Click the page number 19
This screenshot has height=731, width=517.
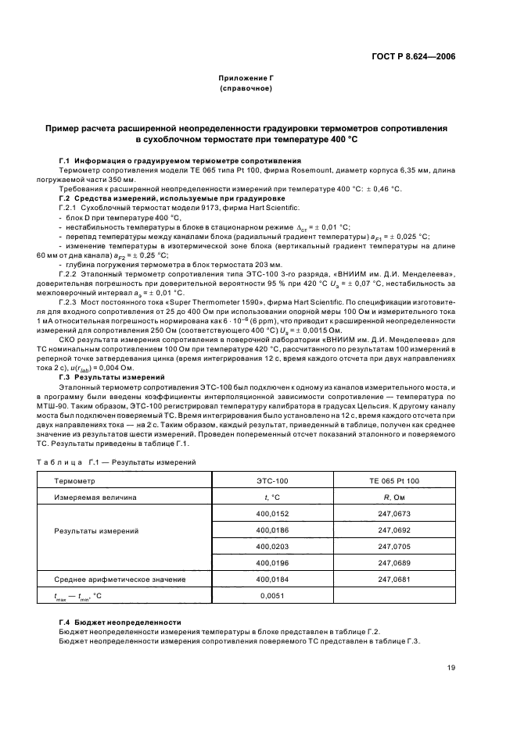coord(452,668)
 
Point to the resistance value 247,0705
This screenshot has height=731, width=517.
coord(394,546)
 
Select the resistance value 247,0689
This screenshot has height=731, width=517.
coord(394,562)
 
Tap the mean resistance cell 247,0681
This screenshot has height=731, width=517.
coord(394,579)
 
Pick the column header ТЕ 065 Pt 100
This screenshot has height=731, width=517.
coord(394,480)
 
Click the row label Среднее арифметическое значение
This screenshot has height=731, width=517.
coord(120,579)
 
